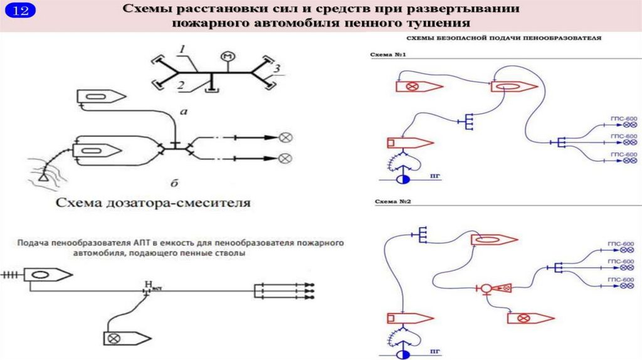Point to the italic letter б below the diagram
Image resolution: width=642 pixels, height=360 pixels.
click(x=175, y=183)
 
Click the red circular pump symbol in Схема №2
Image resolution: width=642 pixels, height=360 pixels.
click(x=485, y=289)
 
